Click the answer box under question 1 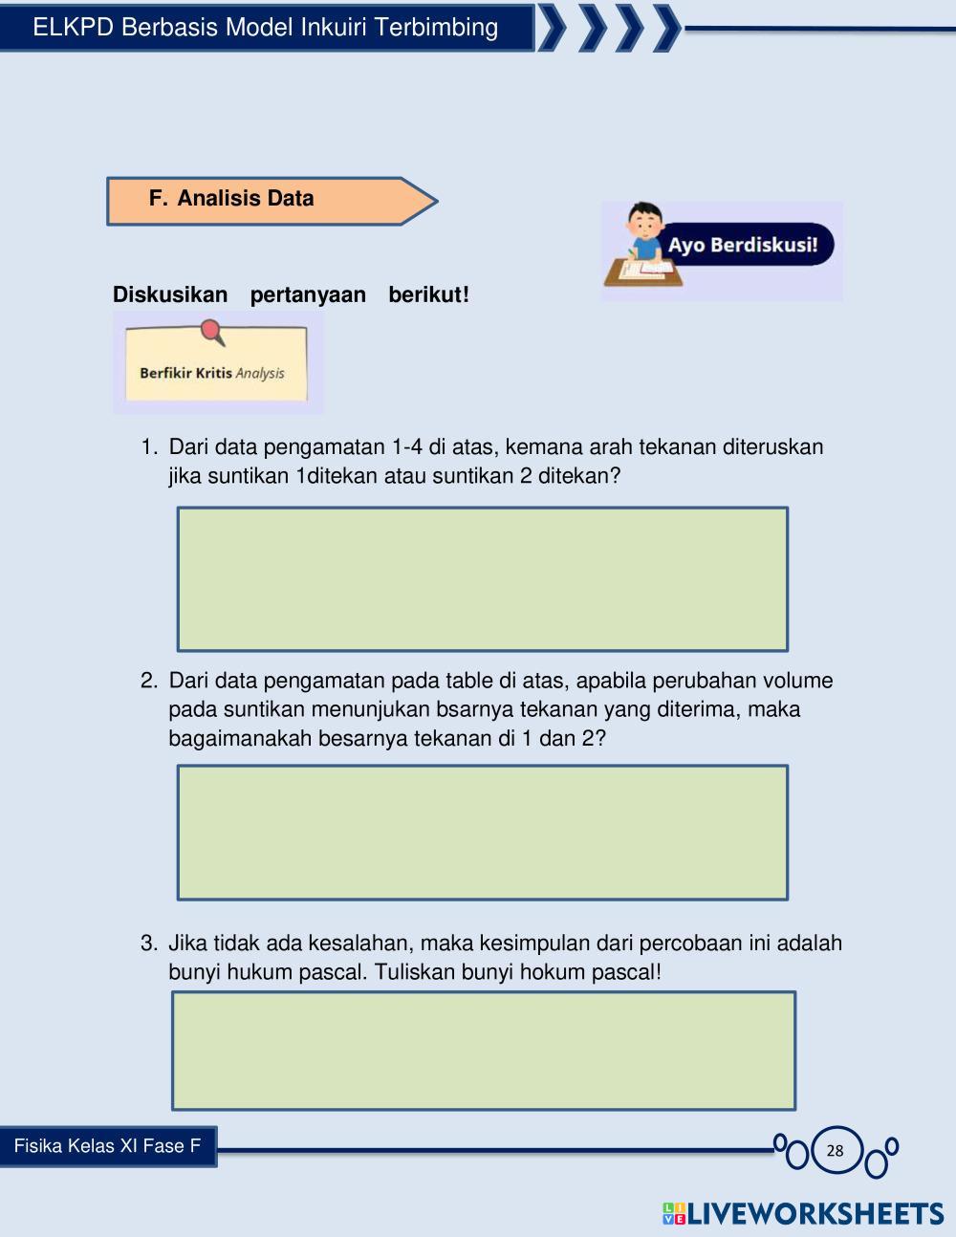pyautogui.click(x=482, y=578)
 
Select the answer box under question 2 pyautogui.click(x=482, y=832)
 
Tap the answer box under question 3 pyautogui.click(x=483, y=1050)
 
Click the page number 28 pyautogui.click(x=836, y=1150)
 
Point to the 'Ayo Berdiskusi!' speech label pyautogui.click(x=743, y=245)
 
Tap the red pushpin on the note pyautogui.click(x=212, y=332)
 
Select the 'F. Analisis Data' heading pyautogui.click(x=245, y=199)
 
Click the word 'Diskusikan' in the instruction pyautogui.click(x=170, y=294)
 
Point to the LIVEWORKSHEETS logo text pyautogui.click(x=815, y=1214)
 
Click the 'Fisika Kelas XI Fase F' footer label pyautogui.click(x=107, y=1146)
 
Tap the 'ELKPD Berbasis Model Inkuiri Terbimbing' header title pyautogui.click(x=265, y=27)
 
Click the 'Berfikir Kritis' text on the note pyautogui.click(x=185, y=373)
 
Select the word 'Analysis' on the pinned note pyautogui.click(x=260, y=373)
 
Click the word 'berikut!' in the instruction pyautogui.click(x=428, y=294)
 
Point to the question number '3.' pyautogui.click(x=149, y=944)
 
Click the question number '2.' pyautogui.click(x=149, y=681)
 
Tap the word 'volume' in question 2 pyautogui.click(x=798, y=681)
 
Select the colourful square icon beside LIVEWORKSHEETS pyautogui.click(x=673, y=1214)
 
